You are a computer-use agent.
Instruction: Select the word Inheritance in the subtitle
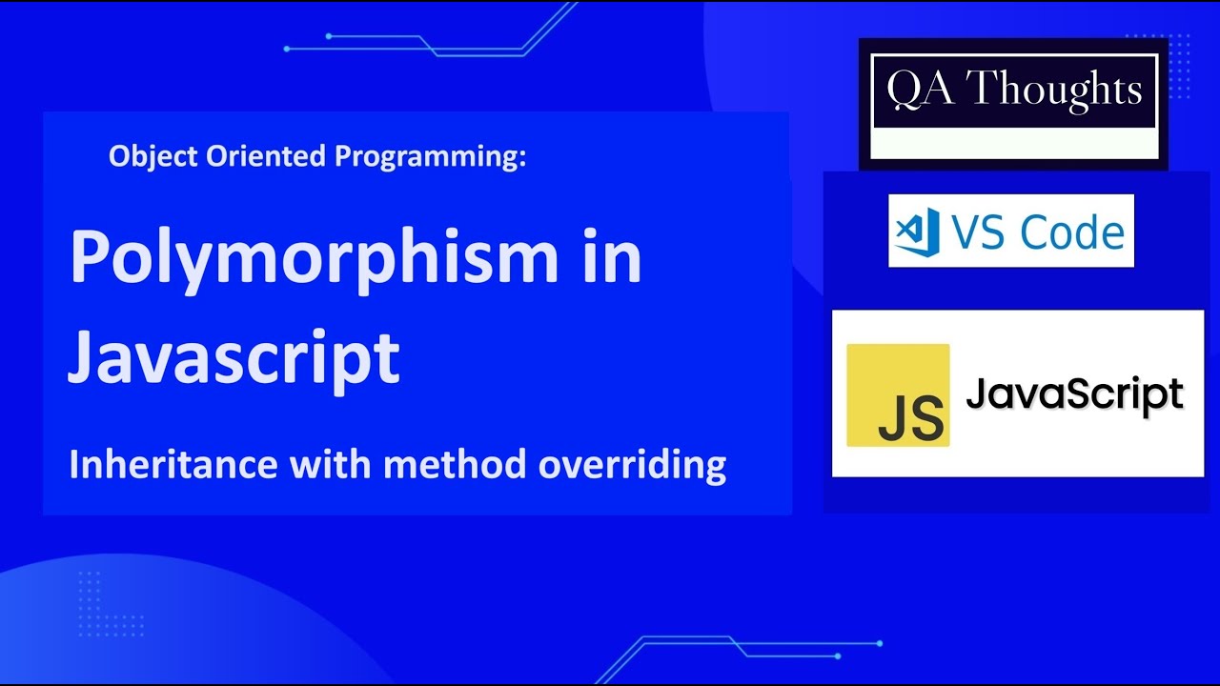click(x=173, y=465)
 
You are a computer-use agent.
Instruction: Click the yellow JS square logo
click(x=898, y=395)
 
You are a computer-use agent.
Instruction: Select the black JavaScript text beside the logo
click(x=1074, y=393)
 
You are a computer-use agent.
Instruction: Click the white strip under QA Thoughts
click(x=1014, y=144)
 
